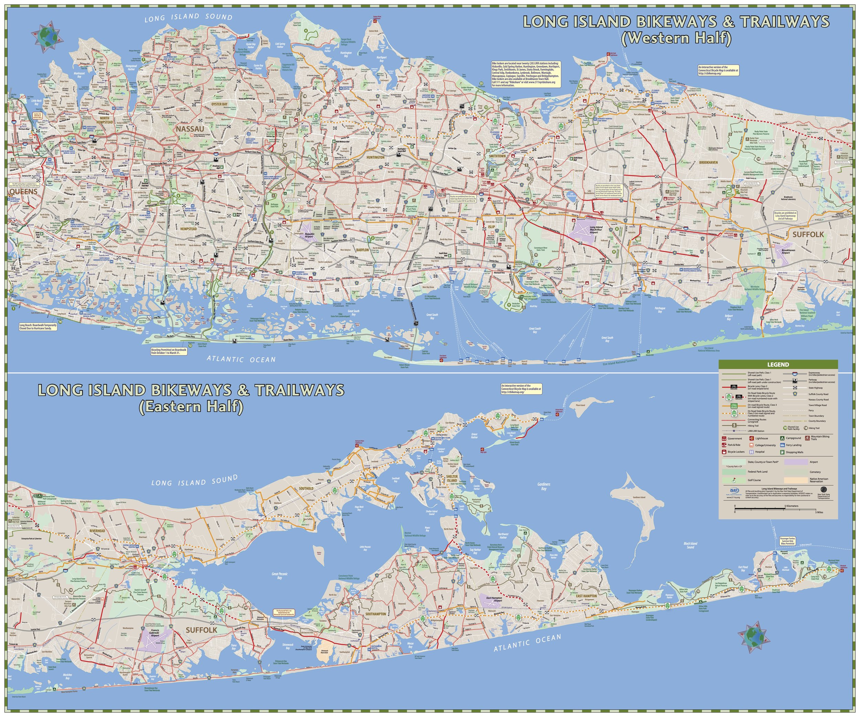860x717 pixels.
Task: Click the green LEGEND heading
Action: (x=778, y=364)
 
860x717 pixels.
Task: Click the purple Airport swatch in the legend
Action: (x=795, y=462)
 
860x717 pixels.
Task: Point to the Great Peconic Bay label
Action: (x=280, y=576)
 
